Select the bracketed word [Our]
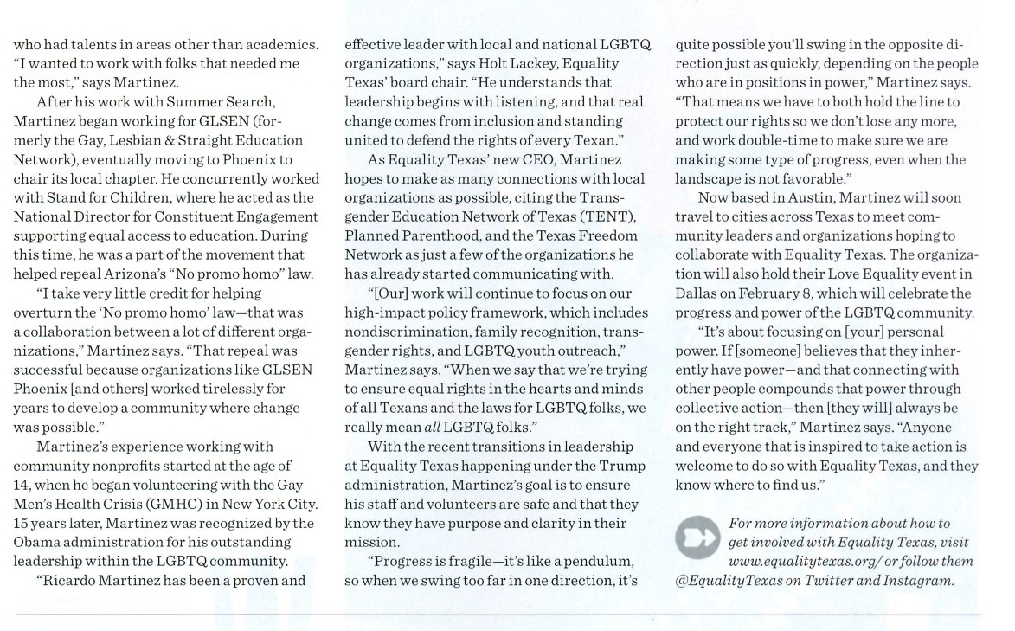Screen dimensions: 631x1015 point(386,293)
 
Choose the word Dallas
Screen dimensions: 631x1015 point(699,293)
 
